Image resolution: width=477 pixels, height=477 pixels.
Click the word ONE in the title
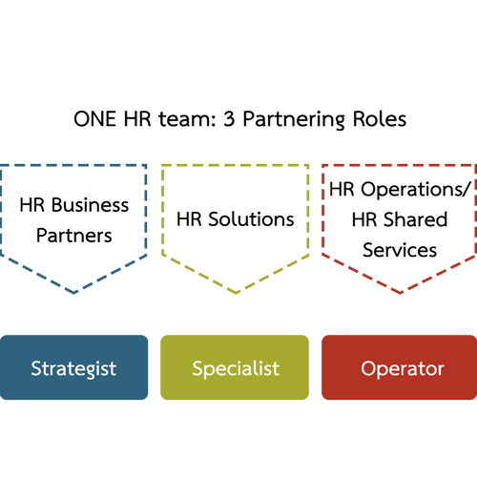pyautogui.click(x=94, y=119)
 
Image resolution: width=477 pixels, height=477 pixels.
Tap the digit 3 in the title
pyautogui.click(x=229, y=119)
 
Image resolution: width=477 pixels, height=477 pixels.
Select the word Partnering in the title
pyautogui.click(x=294, y=120)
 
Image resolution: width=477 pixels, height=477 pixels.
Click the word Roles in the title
pyautogui.click(x=380, y=119)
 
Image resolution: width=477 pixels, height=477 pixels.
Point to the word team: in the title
pyautogui.click(x=187, y=119)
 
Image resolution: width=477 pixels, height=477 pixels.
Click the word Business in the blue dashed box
pyautogui.click(x=90, y=205)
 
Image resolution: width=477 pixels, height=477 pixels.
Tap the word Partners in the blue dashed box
pyautogui.click(x=74, y=236)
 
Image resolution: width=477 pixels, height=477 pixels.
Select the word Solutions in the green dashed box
pyautogui.click(x=251, y=219)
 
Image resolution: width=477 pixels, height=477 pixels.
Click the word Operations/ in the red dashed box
pyautogui.click(x=415, y=190)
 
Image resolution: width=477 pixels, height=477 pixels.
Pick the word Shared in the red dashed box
pyautogui.click(x=416, y=219)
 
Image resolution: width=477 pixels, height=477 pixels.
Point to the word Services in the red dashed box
pyautogui.click(x=400, y=250)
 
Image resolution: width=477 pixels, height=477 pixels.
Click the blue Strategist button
pyautogui.click(x=73, y=367)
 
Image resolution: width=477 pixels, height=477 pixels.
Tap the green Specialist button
pyautogui.click(x=235, y=367)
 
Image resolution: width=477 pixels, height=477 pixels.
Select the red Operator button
pyautogui.click(x=400, y=367)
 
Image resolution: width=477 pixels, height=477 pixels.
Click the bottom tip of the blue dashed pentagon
pyautogui.click(x=73, y=293)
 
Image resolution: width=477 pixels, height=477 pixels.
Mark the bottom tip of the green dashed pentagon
pyautogui.click(x=236, y=293)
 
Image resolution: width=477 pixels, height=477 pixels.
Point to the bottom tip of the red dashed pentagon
pyautogui.click(x=400, y=293)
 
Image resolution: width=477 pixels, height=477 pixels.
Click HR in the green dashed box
pyautogui.click(x=189, y=219)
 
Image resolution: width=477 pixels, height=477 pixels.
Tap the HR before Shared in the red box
pyautogui.click(x=364, y=219)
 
